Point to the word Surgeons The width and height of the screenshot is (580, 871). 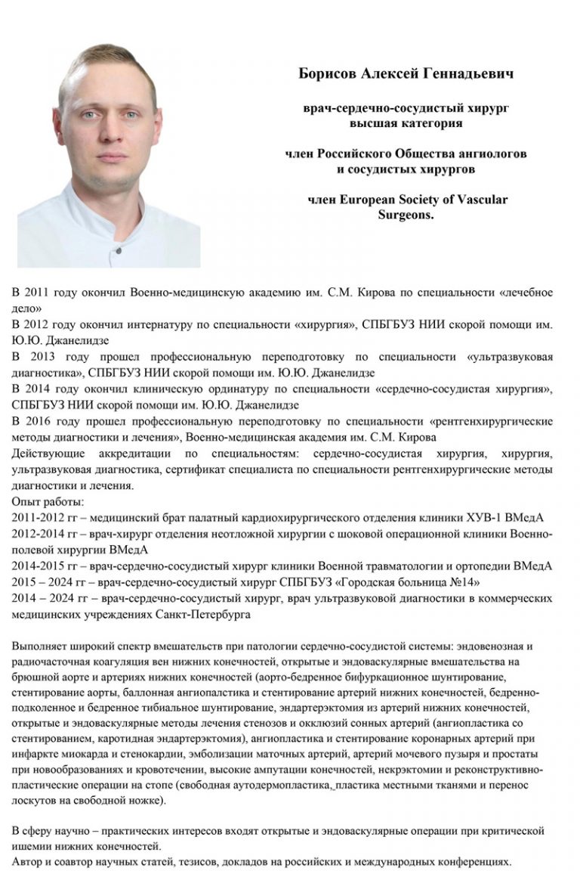coord(406,215)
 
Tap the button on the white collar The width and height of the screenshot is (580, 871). coord(117,245)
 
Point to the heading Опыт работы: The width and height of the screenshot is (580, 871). coord(48,501)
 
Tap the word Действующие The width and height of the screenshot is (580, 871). coord(47,454)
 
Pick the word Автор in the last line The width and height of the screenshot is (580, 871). coord(28,862)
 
